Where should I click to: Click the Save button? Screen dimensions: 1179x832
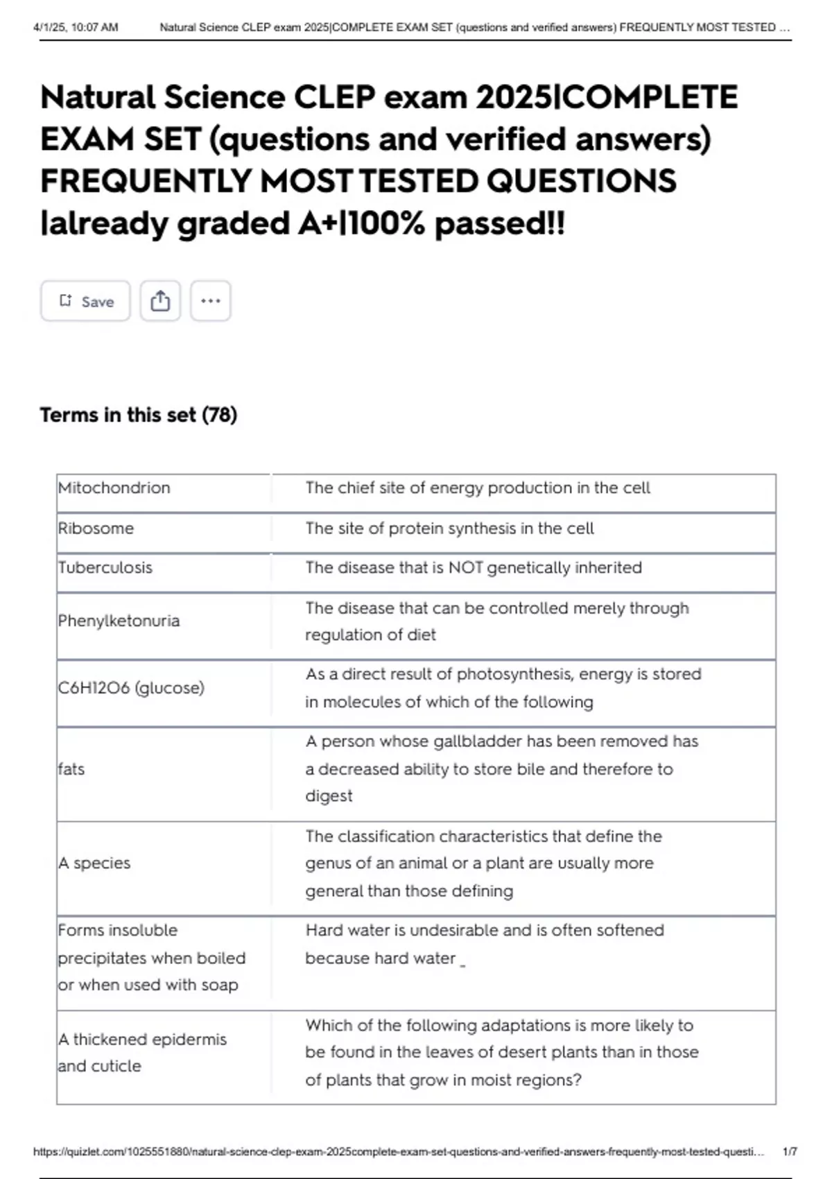[x=85, y=301]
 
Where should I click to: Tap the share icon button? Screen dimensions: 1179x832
[x=160, y=301]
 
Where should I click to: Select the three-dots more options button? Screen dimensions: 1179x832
[x=211, y=301]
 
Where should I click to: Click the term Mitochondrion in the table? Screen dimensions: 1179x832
[x=114, y=488]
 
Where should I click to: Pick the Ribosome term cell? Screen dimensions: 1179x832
[x=96, y=528]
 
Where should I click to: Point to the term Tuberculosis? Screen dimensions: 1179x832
[x=105, y=568]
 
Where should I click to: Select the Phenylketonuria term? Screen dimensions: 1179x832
[x=119, y=621]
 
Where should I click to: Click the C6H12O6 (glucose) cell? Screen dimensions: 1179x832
[x=131, y=688]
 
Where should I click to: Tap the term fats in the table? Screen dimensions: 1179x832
[x=71, y=769]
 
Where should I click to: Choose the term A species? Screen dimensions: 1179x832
[x=94, y=863]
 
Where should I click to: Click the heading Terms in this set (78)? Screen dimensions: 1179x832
[x=139, y=415]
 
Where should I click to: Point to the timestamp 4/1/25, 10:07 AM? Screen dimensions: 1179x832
[x=76, y=28]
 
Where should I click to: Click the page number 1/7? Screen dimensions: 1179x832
[x=790, y=1152]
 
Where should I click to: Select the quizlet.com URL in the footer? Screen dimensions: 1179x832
[x=399, y=1152]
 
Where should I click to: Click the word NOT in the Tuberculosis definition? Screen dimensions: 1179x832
[x=466, y=568]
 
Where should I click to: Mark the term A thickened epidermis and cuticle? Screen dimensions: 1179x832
[x=142, y=1053]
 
